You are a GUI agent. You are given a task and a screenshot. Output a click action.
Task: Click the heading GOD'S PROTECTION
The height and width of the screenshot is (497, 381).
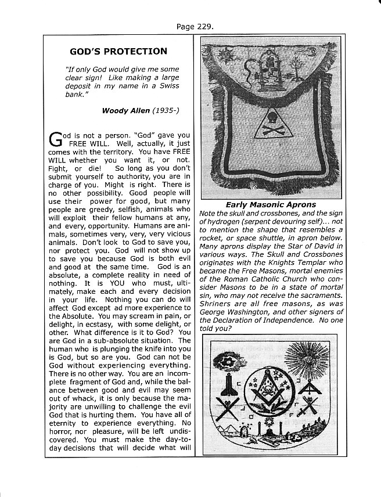click(118, 51)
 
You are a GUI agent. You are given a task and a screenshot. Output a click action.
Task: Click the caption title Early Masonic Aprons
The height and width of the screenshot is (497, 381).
click(271, 204)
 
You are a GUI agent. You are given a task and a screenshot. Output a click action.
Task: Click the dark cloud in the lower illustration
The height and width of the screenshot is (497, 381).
click(227, 362)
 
